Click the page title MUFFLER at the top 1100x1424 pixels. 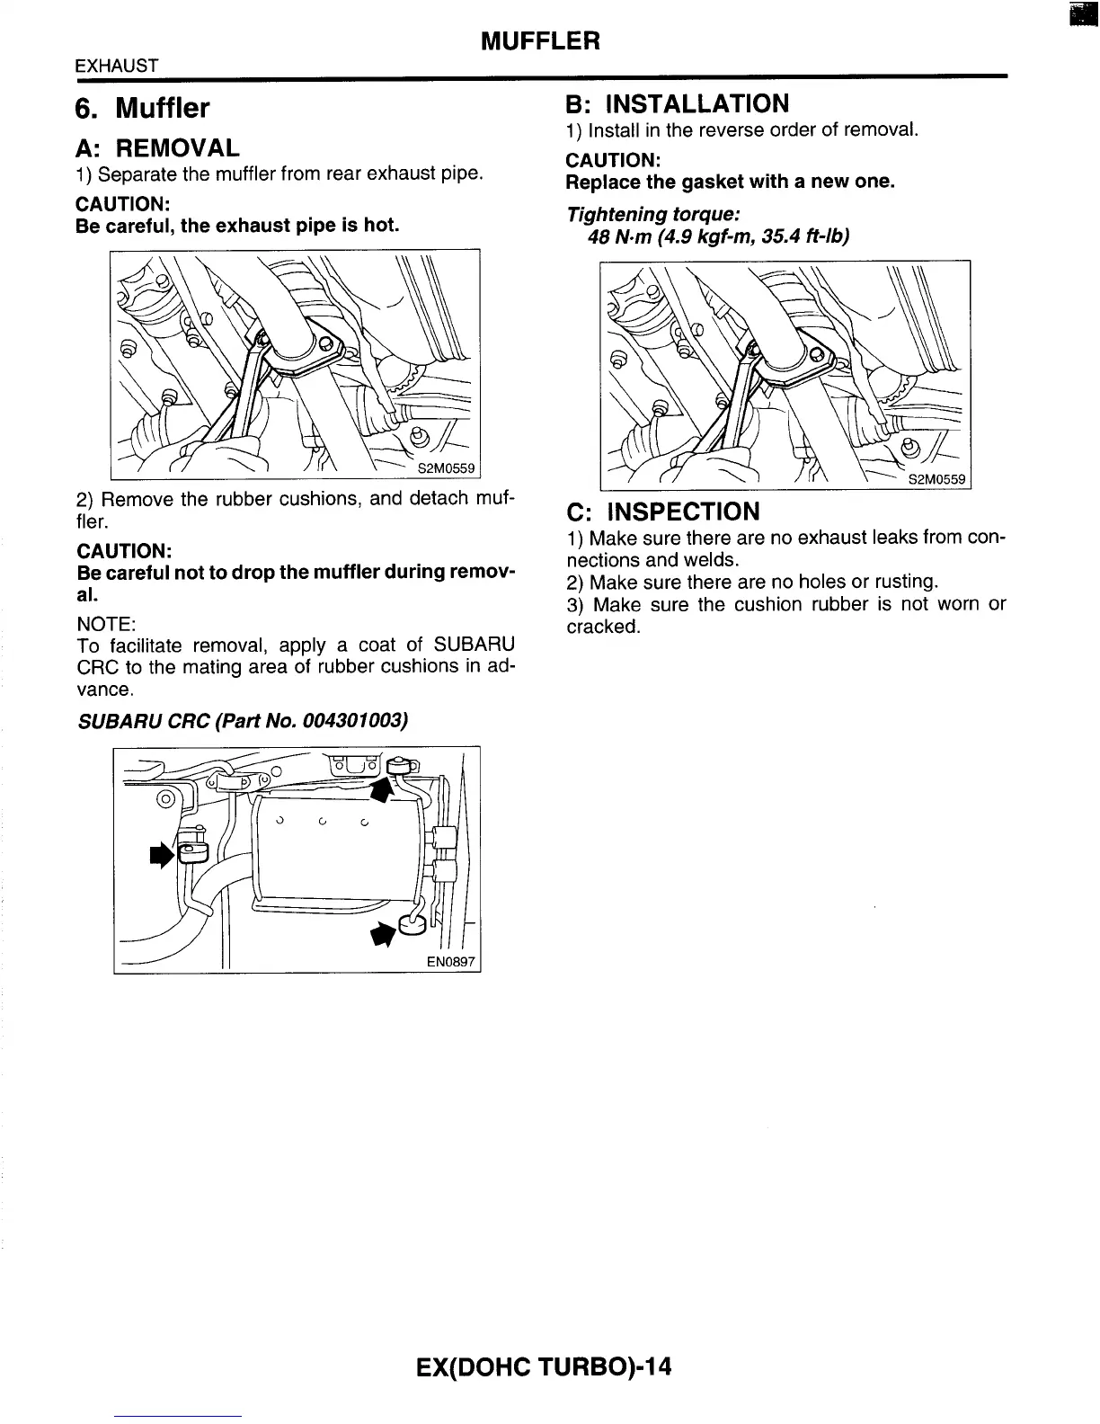[540, 41]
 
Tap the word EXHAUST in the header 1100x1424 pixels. [117, 66]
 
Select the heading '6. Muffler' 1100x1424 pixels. [142, 109]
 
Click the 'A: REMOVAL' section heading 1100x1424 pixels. [157, 147]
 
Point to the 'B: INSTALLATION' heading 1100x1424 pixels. [678, 103]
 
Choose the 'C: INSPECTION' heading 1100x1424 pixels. [662, 512]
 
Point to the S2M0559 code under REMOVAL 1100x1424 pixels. [447, 468]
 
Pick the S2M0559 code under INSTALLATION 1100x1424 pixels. [936, 479]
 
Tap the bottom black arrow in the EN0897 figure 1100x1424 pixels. [384, 935]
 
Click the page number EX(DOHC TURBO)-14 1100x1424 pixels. [544, 1367]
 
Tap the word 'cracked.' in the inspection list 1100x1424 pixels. [603, 626]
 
